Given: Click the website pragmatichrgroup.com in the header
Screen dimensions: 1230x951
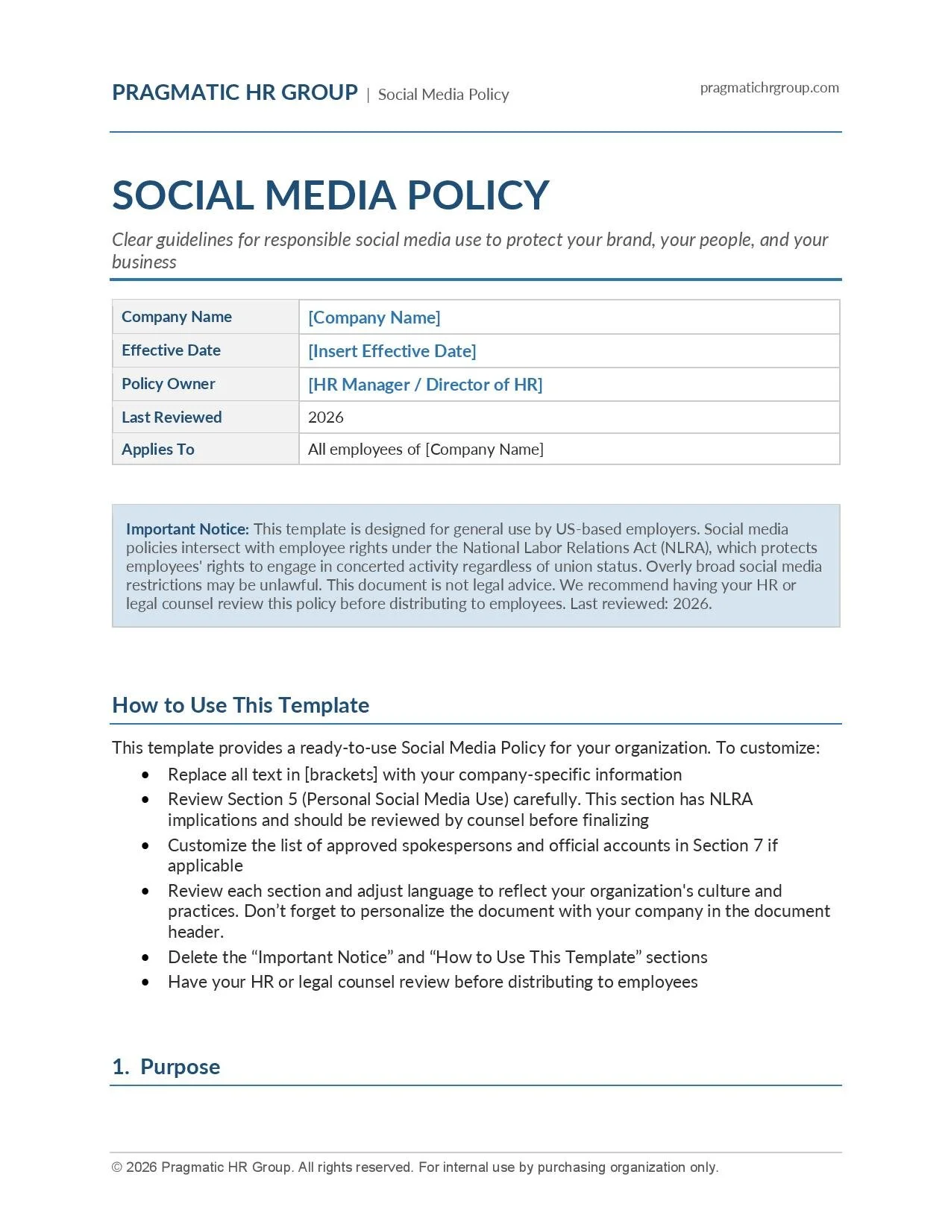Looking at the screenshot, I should tap(769, 88).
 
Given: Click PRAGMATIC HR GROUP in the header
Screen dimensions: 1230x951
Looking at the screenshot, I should tap(235, 92).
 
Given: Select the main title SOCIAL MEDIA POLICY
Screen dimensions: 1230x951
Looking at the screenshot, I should tap(330, 195).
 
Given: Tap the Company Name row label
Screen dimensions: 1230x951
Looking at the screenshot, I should tap(177, 317).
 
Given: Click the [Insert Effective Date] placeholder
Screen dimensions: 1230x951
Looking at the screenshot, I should tap(392, 351).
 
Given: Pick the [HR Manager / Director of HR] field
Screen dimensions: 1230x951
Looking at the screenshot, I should tap(425, 385).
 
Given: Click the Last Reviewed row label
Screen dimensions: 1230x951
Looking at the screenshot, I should tap(172, 417).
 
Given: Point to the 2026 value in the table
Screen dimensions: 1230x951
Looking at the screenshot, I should tap(326, 417).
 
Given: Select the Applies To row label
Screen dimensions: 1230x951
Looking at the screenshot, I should tap(158, 450).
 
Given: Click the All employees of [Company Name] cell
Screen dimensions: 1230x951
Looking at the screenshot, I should tap(425, 450).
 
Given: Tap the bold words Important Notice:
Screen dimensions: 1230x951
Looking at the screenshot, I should tap(187, 529).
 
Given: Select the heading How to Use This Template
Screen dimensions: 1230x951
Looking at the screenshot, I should tap(240, 705).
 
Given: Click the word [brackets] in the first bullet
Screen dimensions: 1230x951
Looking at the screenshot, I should tap(341, 775).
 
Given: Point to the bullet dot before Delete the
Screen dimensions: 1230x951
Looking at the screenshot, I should tap(145, 958).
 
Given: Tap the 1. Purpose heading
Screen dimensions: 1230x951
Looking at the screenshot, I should tap(166, 1067).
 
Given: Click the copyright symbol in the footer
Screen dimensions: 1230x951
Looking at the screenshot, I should tap(117, 1167).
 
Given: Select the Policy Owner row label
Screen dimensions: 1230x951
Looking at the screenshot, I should tap(169, 384).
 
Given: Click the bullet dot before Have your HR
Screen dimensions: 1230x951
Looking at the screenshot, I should tap(145, 983).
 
